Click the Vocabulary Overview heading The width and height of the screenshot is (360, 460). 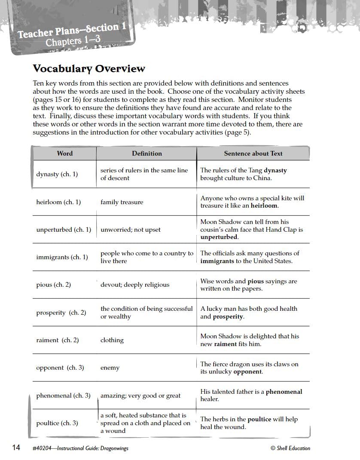click(x=89, y=69)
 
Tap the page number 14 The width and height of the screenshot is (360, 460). click(x=16, y=448)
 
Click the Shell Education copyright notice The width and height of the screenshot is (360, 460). click(x=290, y=448)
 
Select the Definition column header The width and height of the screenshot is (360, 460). click(x=147, y=153)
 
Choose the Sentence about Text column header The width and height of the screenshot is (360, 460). click(x=253, y=153)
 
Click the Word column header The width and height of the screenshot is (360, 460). click(x=65, y=153)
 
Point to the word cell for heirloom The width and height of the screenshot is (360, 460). click(x=58, y=202)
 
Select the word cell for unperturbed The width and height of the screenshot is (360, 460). click(x=64, y=230)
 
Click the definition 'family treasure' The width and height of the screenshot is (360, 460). click(x=122, y=202)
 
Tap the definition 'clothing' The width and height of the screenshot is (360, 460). click(x=112, y=340)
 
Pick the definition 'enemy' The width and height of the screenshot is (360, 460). click(x=110, y=368)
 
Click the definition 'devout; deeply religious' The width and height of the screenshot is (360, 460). click(x=135, y=285)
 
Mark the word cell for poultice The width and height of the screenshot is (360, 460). click(x=57, y=423)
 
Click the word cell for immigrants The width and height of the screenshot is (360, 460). click(x=62, y=257)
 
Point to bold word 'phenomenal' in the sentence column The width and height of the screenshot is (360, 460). click(x=284, y=392)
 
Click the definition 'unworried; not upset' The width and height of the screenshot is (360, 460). click(x=131, y=230)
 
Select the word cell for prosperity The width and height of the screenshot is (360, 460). click(x=61, y=313)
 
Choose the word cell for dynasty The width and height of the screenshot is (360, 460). click(x=57, y=174)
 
